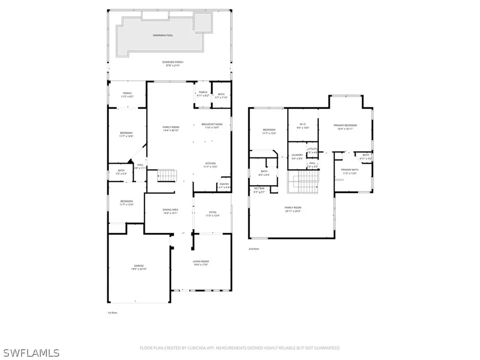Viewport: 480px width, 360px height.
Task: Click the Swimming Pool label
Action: pyautogui.click(x=163, y=35)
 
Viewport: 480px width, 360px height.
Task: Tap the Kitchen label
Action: pyautogui.click(x=210, y=165)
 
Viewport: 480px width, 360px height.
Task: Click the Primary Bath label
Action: pyautogui.click(x=349, y=171)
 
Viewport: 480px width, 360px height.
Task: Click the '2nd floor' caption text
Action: pyautogui.click(x=254, y=249)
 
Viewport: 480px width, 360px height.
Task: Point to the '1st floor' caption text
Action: pyautogui.click(x=112, y=312)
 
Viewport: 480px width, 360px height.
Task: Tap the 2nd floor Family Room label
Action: pyautogui.click(x=293, y=209)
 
